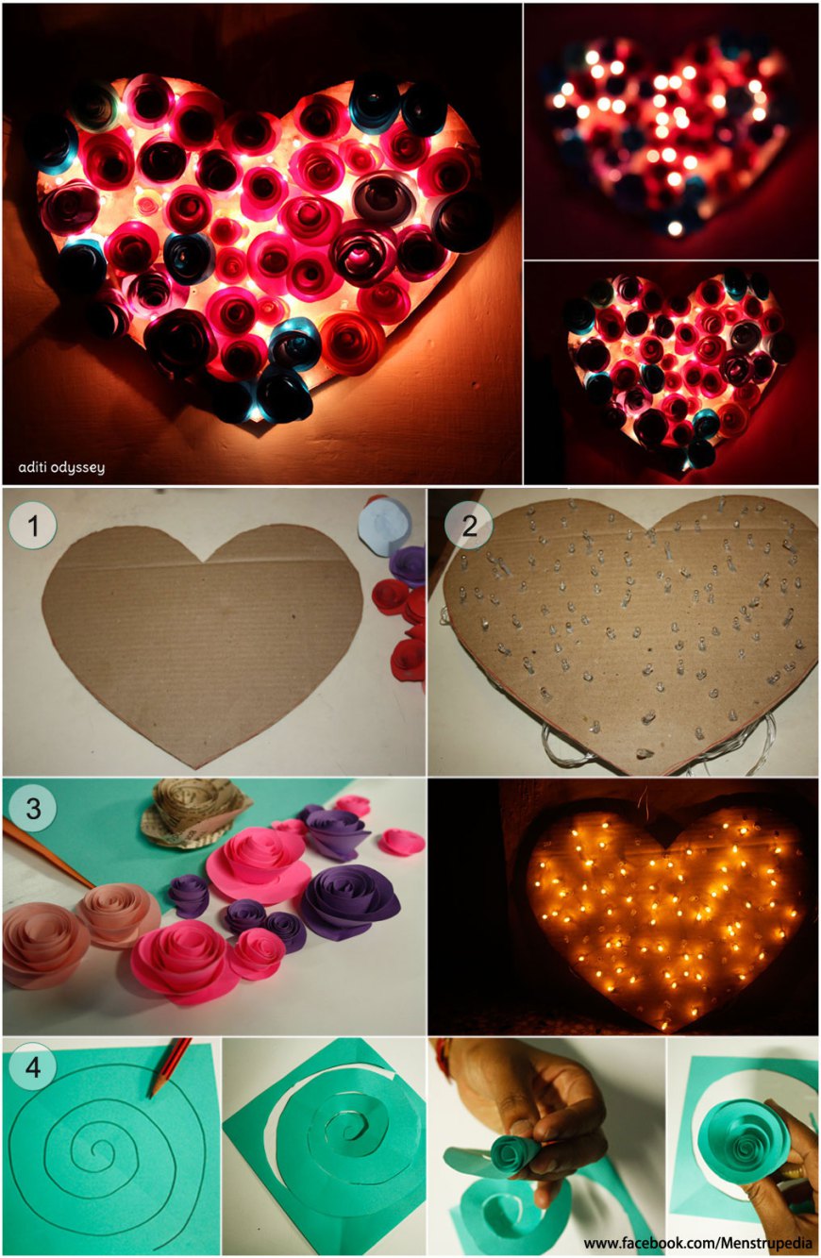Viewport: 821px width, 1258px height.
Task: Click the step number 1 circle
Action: (x=33, y=526)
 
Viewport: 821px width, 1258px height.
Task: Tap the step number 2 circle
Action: (x=469, y=525)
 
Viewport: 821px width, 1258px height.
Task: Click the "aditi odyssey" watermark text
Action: (x=61, y=467)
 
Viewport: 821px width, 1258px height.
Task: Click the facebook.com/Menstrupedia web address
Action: (x=698, y=1242)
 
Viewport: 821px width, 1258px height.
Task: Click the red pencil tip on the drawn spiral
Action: (x=151, y=1095)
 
